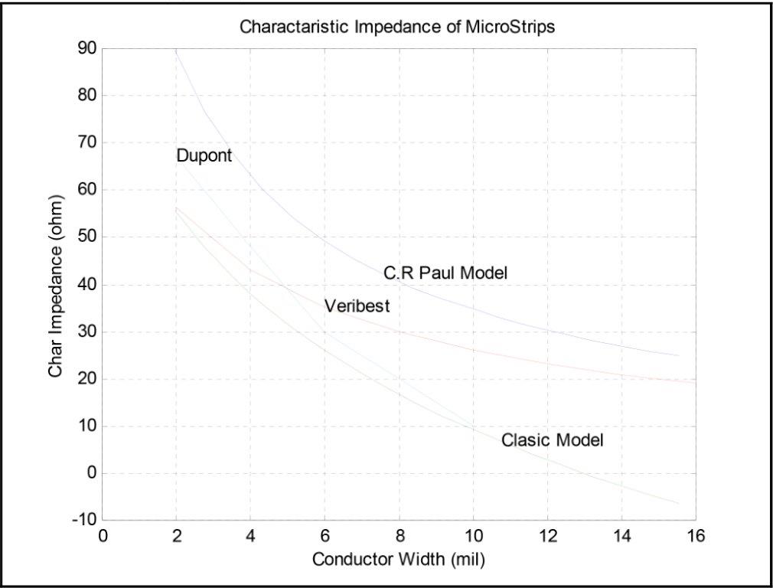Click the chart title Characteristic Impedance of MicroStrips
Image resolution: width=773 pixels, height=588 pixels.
(x=397, y=28)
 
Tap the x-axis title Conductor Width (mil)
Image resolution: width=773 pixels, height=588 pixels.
(x=399, y=560)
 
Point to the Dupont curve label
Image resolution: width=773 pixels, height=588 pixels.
(x=204, y=155)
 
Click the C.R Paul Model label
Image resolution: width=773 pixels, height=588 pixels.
(x=445, y=273)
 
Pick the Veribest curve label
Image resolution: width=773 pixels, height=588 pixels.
(x=357, y=306)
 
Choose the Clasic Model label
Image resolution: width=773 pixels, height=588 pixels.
(x=553, y=440)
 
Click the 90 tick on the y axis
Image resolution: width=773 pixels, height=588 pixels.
(x=86, y=48)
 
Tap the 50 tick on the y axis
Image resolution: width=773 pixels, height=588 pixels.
(x=86, y=237)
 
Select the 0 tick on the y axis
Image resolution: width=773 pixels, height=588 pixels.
(x=91, y=473)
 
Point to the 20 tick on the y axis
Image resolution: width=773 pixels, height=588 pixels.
(x=86, y=379)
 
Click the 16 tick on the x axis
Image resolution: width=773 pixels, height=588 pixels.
(x=695, y=534)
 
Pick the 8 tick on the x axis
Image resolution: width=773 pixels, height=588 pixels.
(x=399, y=534)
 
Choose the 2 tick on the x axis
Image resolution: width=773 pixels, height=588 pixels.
(x=176, y=534)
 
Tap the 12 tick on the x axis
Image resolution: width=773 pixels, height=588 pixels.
(x=546, y=534)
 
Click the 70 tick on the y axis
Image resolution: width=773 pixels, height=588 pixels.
(x=86, y=142)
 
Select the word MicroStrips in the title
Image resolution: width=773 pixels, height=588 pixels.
(x=512, y=28)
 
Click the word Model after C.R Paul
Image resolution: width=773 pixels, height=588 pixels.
(x=485, y=273)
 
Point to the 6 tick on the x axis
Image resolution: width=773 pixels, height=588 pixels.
(x=325, y=534)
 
